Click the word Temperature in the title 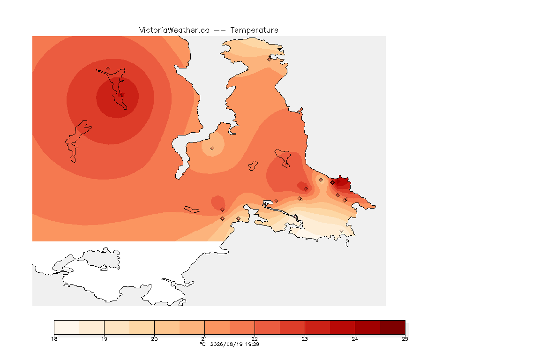pos(254,30)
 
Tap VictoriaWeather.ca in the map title pos(174,30)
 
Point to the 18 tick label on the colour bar pos(54,339)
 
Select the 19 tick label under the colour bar pos(105,339)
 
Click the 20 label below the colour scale pos(154,339)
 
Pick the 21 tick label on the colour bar pos(204,339)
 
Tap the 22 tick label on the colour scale pos(255,339)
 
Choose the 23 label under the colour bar pos(305,339)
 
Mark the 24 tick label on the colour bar pos(355,339)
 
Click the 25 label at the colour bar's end pos(405,339)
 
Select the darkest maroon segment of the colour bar pos(393,327)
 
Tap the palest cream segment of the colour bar pos(67,327)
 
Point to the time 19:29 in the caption pos(252,344)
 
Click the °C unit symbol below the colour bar pos(202,344)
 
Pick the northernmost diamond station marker pos(270,59)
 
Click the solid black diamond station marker pos(332,183)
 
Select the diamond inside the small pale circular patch pos(212,149)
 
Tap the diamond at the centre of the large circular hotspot pos(122,94)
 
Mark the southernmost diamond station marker pos(341,231)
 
